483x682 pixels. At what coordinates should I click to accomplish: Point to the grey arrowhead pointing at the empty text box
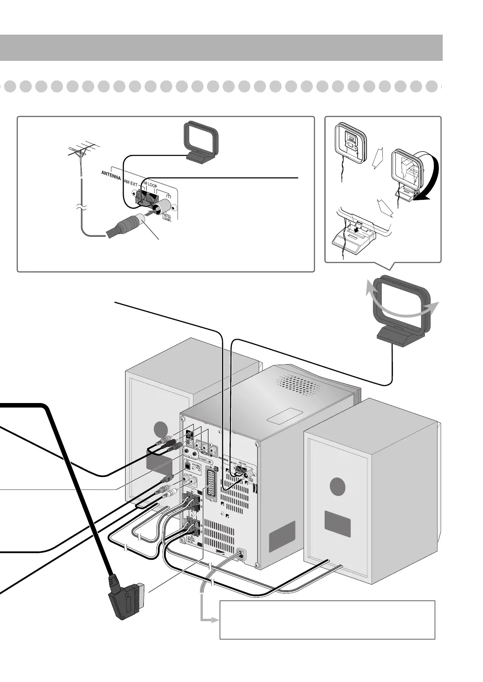tap(215, 620)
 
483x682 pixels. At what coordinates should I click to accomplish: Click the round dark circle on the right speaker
tap(337, 487)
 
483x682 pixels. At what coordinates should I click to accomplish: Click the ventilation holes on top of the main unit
tap(298, 385)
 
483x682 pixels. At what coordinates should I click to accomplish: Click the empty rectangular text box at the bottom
tap(327, 620)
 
